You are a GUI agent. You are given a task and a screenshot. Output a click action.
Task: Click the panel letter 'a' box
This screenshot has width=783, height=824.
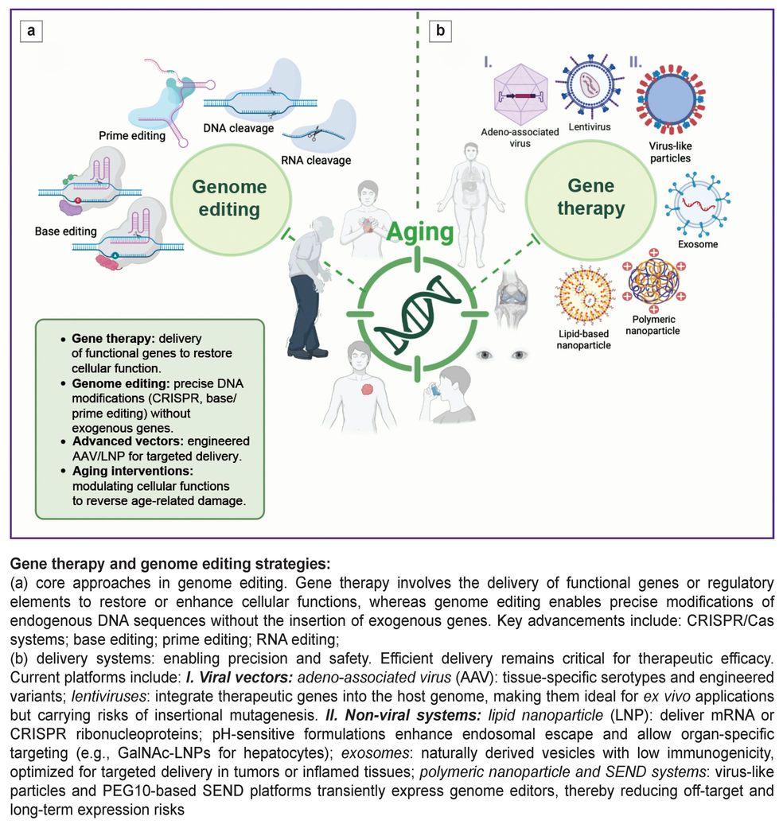tap(32, 31)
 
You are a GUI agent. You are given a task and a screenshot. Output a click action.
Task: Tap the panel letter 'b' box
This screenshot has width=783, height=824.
tap(439, 31)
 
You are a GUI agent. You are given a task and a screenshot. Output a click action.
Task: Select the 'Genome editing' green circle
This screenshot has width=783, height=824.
tap(229, 198)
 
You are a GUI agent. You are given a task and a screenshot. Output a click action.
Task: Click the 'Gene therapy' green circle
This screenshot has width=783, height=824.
tap(590, 197)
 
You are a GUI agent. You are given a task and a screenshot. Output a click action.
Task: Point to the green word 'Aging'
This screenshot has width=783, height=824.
tap(421, 233)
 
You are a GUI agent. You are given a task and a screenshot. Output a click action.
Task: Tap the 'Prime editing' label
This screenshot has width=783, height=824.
tap(132, 135)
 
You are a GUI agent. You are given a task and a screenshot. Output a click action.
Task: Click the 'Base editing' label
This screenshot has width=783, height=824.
tap(65, 231)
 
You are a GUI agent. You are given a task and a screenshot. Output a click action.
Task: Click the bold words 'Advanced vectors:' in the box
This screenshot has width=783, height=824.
tap(119, 441)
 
